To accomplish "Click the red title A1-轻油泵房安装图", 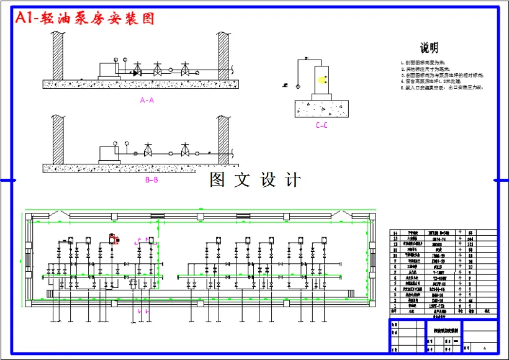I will (86, 19).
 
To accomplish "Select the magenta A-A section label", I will (147, 99).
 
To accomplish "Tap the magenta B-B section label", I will (151, 180).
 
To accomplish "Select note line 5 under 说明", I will (441, 88).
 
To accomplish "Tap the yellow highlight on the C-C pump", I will (321, 79).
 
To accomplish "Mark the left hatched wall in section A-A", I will (58, 55).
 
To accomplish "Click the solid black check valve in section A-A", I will (137, 73).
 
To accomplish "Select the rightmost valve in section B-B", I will (185, 151).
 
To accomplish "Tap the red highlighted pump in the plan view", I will (114, 238).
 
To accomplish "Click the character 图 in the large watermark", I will (217, 180).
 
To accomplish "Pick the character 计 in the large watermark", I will (293, 180).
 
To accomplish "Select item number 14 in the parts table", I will (395, 232).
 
